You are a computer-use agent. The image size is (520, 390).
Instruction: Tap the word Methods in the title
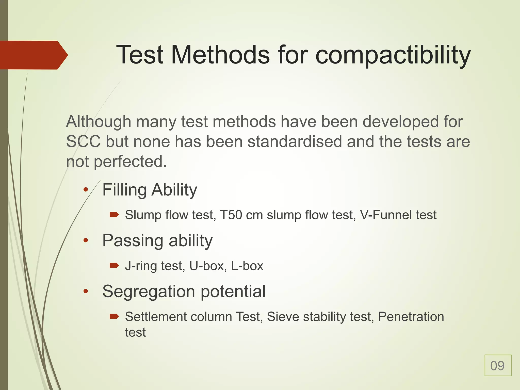click(220, 55)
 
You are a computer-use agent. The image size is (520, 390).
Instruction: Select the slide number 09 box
click(498, 365)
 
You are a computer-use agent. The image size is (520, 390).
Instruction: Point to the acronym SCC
click(83, 142)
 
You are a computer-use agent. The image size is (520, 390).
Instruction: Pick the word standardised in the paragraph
click(295, 142)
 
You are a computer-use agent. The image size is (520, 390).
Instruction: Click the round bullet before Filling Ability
click(86, 189)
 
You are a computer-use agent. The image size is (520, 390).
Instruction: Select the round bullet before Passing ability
click(86, 240)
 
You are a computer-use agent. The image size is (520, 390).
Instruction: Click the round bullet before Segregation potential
click(86, 291)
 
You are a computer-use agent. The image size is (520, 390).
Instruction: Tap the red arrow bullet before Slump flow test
click(114, 215)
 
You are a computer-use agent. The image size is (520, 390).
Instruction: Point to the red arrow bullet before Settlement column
click(114, 316)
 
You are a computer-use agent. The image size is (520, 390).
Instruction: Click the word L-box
click(247, 266)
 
